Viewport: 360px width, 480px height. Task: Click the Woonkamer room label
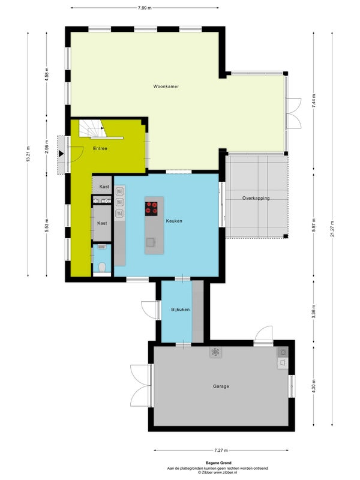[x=166, y=86]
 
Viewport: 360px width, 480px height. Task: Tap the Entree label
[x=100, y=148]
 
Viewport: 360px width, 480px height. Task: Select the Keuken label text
[x=174, y=221]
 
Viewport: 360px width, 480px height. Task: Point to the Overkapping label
[x=256, y=199]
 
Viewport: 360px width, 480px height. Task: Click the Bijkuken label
[x=181, y=310]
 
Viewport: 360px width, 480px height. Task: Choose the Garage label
[x=221, y=386]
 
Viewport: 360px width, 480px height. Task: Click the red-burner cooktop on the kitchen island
[x=151, y=209]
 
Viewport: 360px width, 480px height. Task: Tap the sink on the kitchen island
[x=151, y=242]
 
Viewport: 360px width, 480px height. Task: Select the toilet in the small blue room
[x=102, y=267]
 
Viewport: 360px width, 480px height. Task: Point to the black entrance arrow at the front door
[x=61, y=154]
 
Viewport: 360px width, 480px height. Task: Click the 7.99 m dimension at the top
[x=145, y=8]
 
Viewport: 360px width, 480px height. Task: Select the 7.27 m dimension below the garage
[x=221, y=451]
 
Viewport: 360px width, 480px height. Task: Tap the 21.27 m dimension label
[x=332, y=229]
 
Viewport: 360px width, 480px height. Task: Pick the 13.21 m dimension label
[x=28, y=154]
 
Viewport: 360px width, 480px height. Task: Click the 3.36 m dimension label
[x=313, y=311]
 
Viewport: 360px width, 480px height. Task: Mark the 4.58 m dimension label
[x=47, y=74]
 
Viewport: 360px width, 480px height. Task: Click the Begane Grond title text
[x=218, y=463]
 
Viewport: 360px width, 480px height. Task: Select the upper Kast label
[x=104, y=187]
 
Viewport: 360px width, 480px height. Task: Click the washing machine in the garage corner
[x=283, y=352]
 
